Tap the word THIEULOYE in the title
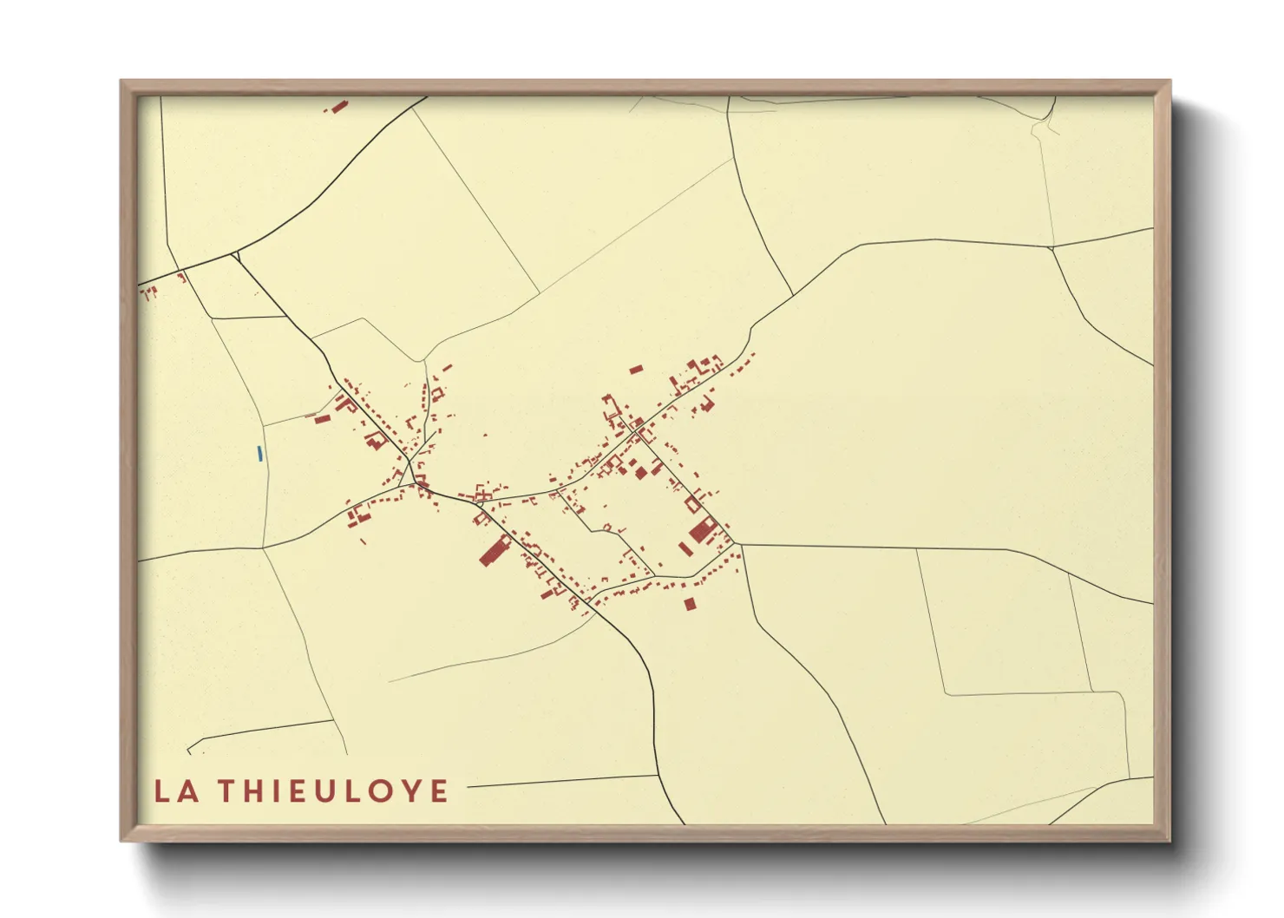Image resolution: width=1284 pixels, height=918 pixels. point(333,791)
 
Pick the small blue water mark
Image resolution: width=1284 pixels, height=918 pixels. point(259,453)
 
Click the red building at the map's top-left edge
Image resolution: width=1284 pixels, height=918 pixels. point(337,106)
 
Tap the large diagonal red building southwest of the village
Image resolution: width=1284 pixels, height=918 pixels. point(495,550)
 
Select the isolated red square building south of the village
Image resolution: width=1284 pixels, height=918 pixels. point(690,603)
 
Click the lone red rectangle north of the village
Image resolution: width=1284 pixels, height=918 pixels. point(636,370)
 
